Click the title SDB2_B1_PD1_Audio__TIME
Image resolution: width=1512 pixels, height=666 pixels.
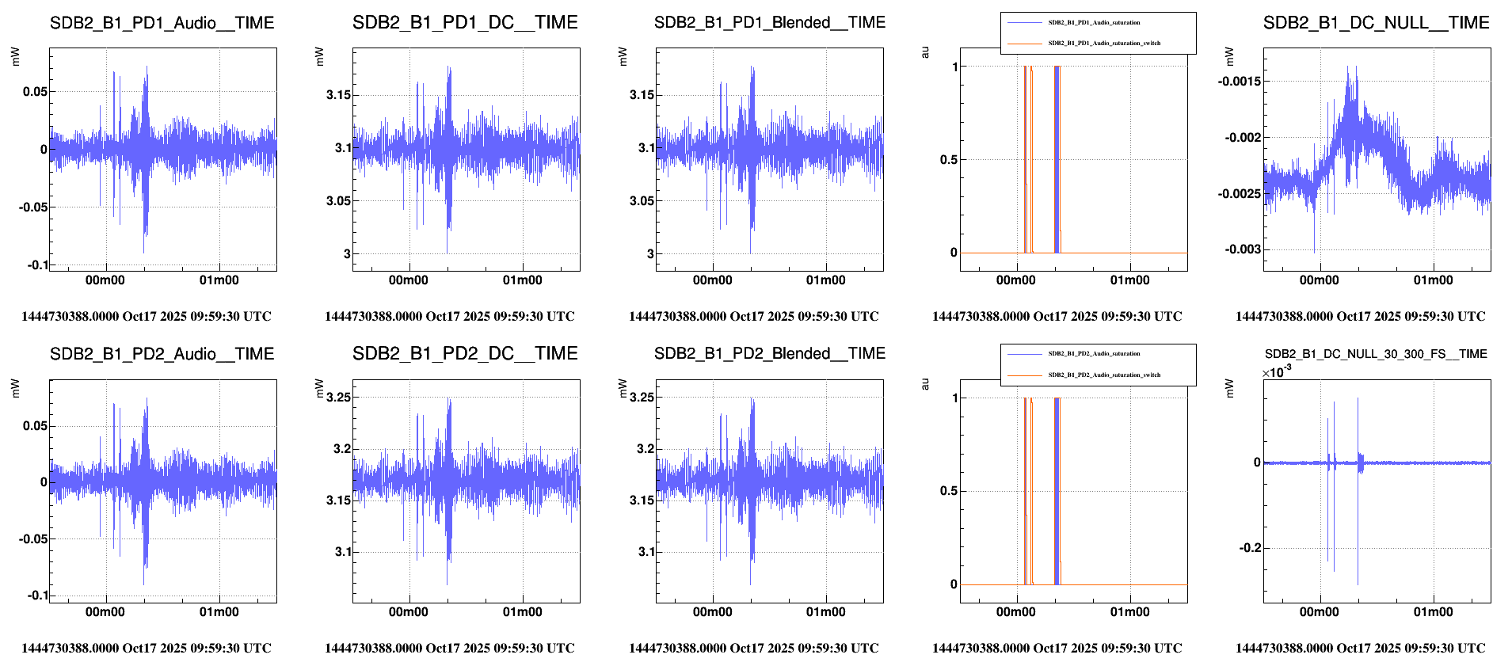[x=162, y=23]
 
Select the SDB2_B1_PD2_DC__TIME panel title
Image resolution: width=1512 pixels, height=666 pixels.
[x=465, y=354]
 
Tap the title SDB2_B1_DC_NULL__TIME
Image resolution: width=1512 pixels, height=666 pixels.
[x=1376, y=23]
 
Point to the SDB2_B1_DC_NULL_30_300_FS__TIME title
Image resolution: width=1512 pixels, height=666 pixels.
[x=1376, y=354]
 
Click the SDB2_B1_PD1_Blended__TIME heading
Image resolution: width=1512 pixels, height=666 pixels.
[x=769, y=23]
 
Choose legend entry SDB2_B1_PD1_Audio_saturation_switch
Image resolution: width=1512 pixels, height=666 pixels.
[x=1104, y=44]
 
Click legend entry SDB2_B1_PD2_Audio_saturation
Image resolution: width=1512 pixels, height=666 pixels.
[x=1094, y=354]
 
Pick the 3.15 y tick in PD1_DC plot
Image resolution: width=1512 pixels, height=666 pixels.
[x=338, y=95]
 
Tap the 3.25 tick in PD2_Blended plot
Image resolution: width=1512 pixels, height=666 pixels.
[x=642, y=398]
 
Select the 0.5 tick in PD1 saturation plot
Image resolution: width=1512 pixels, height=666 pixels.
[x=948, y=160]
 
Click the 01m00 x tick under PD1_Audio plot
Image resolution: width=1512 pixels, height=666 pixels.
[x=219, y=280]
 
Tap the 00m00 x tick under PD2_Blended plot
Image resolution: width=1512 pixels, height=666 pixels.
[x=712, y=612]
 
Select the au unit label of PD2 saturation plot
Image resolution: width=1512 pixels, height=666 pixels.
[x=925, y=384]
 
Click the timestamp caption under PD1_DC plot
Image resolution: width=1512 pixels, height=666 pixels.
[x=449, y=317]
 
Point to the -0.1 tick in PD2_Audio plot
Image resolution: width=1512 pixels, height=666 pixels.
[x=37, y=596]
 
